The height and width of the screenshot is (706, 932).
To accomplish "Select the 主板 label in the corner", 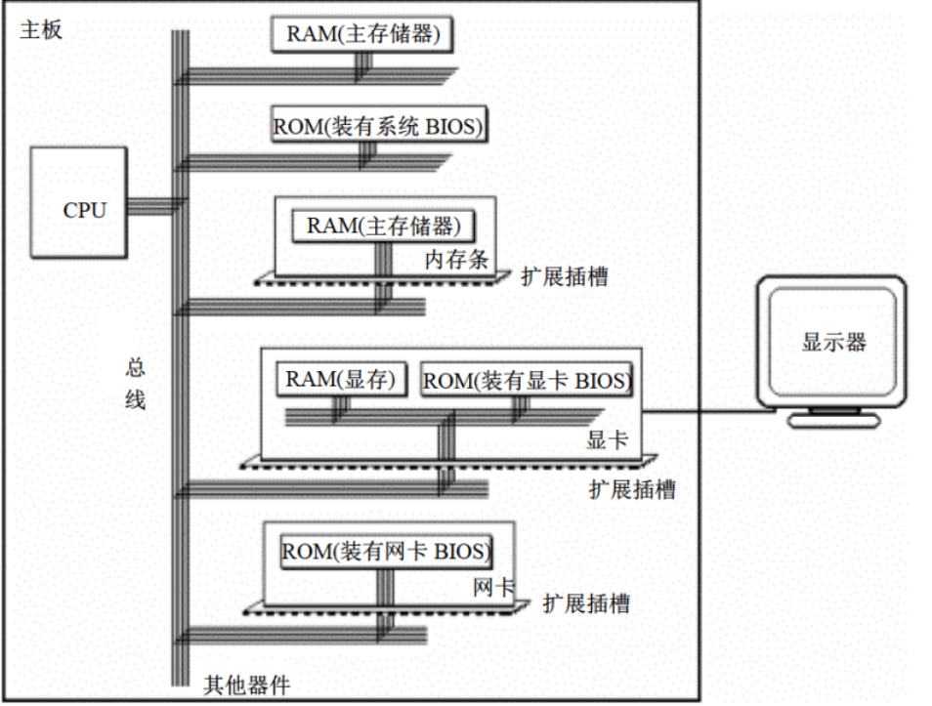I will pos(40,30).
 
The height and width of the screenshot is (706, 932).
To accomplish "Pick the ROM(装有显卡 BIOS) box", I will pos(527,380).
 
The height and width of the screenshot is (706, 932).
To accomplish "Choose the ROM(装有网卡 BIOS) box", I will pos(385,552).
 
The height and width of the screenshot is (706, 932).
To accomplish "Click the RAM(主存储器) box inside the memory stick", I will pos(383,226).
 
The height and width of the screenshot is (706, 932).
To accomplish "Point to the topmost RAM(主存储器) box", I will pos(363,34).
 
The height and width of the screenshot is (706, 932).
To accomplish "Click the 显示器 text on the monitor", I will pos(833,342).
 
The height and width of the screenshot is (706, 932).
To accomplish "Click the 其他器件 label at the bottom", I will pos(246,684).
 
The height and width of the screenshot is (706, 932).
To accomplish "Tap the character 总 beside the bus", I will pos(136,368).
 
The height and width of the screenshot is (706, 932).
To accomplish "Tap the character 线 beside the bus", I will pos(136,399).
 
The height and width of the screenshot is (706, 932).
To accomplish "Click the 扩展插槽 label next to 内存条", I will pos(564,276).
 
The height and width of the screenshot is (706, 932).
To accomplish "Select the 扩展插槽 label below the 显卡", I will pos(632,489).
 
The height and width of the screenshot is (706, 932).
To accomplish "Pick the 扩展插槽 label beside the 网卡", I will pos(586,603).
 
